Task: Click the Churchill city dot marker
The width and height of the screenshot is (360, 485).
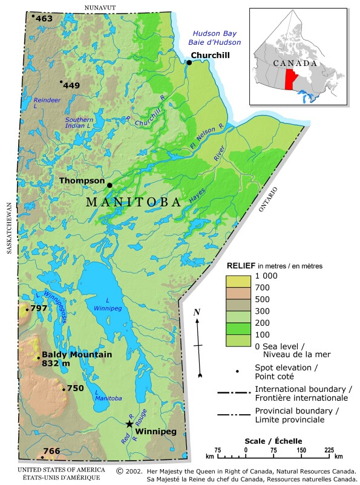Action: (x=189, y=62)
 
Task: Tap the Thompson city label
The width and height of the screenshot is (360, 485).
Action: (x=82, y=180)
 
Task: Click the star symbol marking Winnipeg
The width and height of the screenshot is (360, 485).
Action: (x=129, y=424)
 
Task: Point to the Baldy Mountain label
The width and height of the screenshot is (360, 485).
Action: (x=77, y=354)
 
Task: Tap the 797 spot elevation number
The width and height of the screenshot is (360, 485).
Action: (x=39, y=308)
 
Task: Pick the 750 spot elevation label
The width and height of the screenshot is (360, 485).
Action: (x=75, y=388)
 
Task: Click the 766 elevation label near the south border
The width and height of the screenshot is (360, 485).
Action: (x=52, y=450)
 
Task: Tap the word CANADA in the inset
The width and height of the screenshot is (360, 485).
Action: (x=295, y=63)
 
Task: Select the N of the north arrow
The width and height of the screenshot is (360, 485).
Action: (x=197, y=312)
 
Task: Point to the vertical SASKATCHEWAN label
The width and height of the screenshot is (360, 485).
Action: (x=10, y=228)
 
